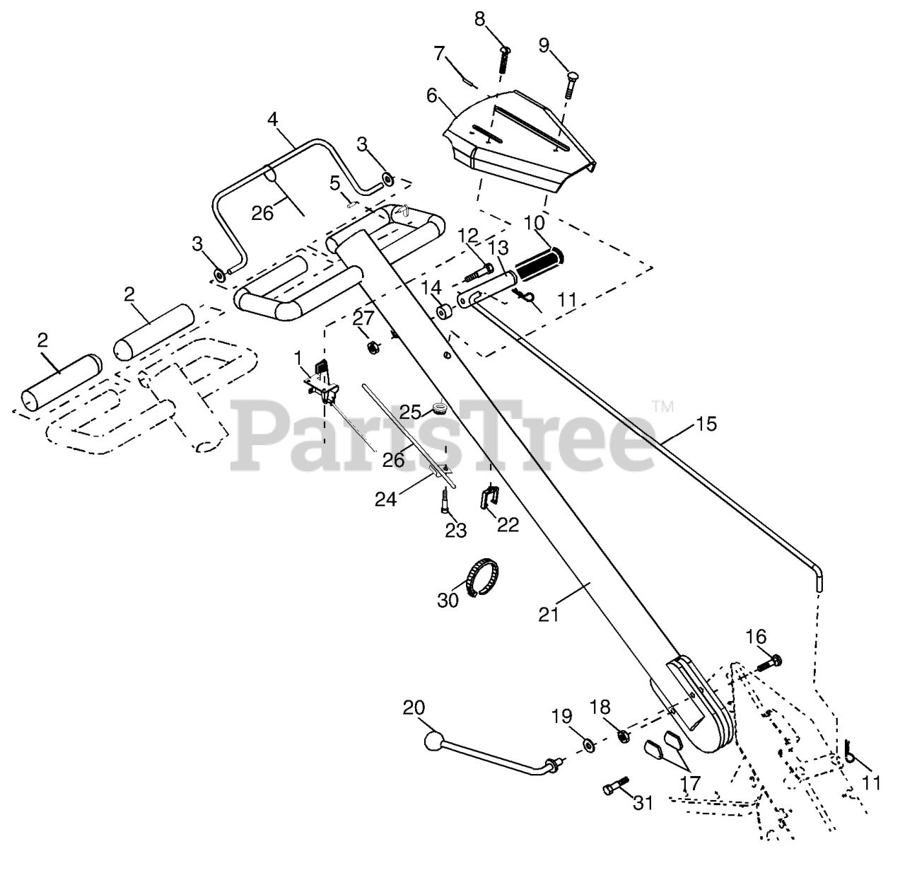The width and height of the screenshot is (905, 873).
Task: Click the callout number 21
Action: click(x=549, y=615)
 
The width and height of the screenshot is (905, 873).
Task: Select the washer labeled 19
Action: click(x=588, y=744)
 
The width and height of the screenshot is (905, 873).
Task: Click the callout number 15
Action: click(x=705, y=424)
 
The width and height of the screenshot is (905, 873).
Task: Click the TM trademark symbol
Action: click(x=662, y=405)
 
